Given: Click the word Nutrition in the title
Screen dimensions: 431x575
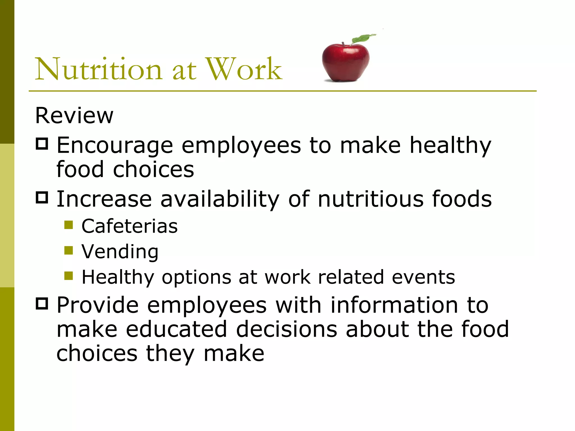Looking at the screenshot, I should [98, 69].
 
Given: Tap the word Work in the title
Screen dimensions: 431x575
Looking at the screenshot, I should [244, 69].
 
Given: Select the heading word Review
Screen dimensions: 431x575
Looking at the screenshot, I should [74, 116].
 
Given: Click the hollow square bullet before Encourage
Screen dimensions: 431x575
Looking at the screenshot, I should [42, 144].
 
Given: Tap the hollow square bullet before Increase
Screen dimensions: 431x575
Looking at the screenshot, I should [42, 198].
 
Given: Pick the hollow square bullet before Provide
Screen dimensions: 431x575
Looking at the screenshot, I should [42, 304].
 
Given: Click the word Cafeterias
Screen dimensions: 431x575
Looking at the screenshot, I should [129, 226].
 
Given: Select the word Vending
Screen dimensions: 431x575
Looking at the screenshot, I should [120, 252].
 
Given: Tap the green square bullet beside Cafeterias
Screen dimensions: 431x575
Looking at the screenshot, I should [69, 225].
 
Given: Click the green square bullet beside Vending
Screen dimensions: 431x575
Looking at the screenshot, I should [69, 250].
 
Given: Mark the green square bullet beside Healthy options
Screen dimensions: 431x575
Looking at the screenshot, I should [69, 276].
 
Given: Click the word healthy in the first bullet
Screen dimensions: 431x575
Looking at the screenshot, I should [450, 146].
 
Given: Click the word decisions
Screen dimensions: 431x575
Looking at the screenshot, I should [286, 329].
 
